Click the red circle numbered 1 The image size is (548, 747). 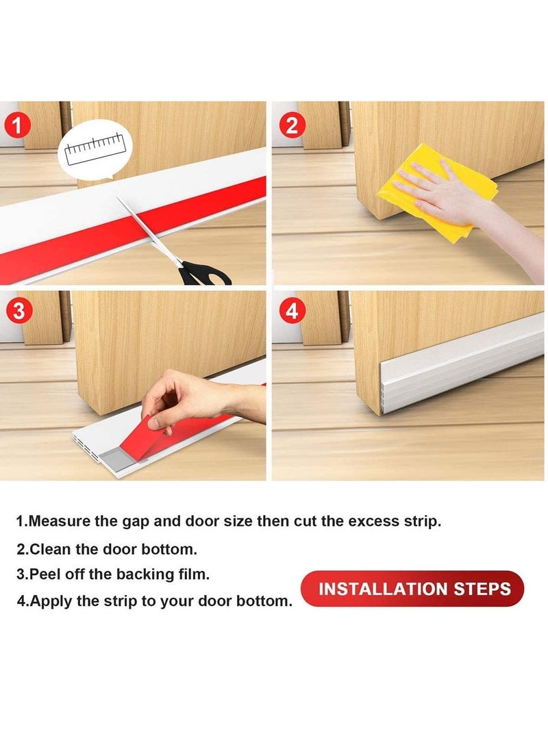(x=17, y=126)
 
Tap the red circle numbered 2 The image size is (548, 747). (x=292, y=125)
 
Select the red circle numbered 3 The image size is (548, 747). (x=18, y=311)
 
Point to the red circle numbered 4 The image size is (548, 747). (x=292, y=311)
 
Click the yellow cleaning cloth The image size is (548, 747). (x=437, y=192)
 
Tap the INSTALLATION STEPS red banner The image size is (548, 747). (x=412, y=589)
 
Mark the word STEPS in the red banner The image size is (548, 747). (x=482, y=589)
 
